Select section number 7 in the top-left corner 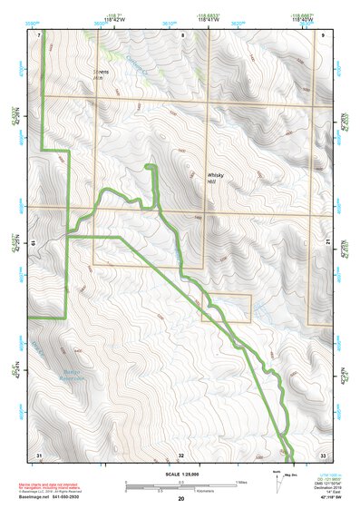pyautogui.click(x=40, y=34)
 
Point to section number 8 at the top pyautogui.click(x=181, y=34)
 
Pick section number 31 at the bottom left pyautogui.click(x=39, y=453)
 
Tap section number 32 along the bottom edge pyautogui.click(x=181, y=453)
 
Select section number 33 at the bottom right pyautogui.click(x=323, y=453)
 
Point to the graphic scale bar pyautogui.click(x=180, y=485)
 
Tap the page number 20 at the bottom pyautogui.click(x=180, y=499)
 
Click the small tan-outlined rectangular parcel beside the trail pyautogui.click(x=233, y=308)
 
